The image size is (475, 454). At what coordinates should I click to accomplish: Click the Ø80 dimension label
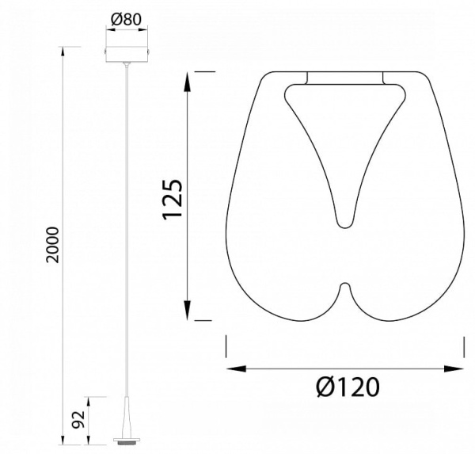tap(127, 20)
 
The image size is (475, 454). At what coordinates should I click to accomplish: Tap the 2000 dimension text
tap(54, 245)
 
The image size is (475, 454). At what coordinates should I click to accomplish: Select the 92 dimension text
tap(78, 420)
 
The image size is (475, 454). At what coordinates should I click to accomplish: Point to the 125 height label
tap(173, 199)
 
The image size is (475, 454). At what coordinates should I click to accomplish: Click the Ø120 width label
tap(348, 387)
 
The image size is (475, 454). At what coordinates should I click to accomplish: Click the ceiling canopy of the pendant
tap(127, 55)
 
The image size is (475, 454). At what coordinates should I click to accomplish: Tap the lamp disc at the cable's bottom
tap(127, 440)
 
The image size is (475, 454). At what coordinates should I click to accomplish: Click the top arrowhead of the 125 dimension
tap(188, 82)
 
